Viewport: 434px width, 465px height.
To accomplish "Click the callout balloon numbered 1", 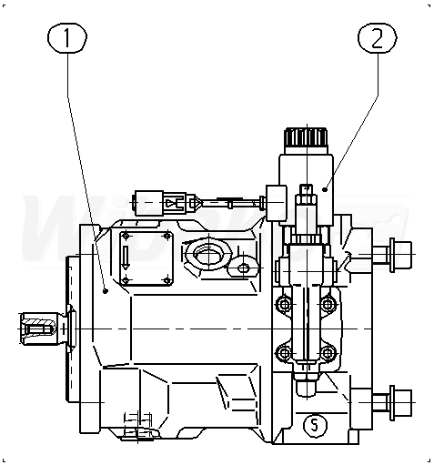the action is [67, 37].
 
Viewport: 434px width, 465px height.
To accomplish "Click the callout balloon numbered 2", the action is [378, 38].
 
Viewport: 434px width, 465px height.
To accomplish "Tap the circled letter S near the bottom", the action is [315, 425].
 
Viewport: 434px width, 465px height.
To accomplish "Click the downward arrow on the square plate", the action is [126, 258].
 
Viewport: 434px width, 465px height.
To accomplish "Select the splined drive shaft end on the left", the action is [39, 329].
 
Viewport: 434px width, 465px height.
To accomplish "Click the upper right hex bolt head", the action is [400, 255].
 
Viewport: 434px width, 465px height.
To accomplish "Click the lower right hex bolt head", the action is [400, 402].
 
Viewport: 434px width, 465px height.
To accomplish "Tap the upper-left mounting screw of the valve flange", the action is [284, 304].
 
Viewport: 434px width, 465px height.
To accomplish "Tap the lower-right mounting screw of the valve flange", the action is [328, 353].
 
